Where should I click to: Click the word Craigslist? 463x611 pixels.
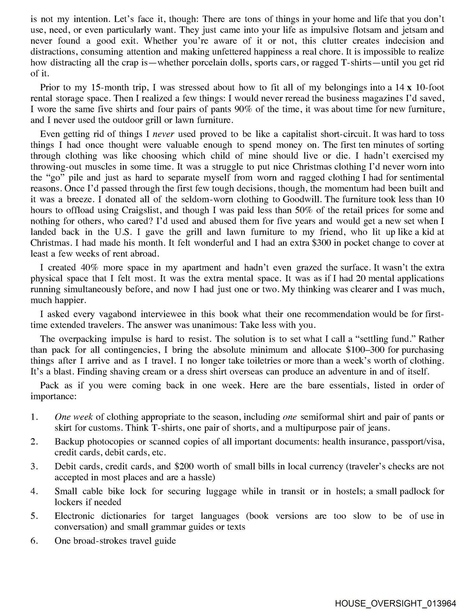point(143,210)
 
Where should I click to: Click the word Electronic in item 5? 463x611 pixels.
point(74,516)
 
